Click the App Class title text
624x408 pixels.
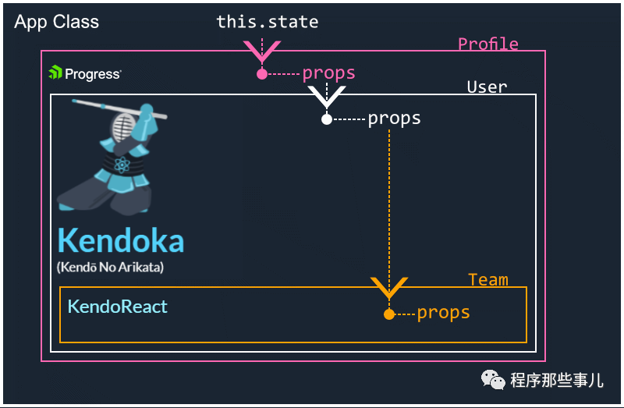pyautogui.click(x=56, y=22)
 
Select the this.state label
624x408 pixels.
pyautogui.click(x=268, y=22)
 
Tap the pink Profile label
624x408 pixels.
pyautogui.click(x=488, y=44)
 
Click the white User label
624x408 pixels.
pyautogui.click(x=487, y=87)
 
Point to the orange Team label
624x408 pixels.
pyautogui.click(x=488, y=280)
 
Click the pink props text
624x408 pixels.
pyautogui.click(x=328, y=73)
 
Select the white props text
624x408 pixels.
pyautogui.click(x=394, y=119)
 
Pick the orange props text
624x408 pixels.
pyautogui.click(x=443, y=314)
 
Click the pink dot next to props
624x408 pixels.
pyautogui.click(x=262, y=74)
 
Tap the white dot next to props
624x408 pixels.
pyautogui.click(x=327, y=119)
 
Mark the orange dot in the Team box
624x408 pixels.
pyautogui.click(x=389, y=314)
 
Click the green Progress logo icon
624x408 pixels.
pyautogui.click(x=55, y=73)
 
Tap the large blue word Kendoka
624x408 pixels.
pyautogui.click(x=121, y=241)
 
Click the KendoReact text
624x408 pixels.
pyautogui.click(x=118, y=307)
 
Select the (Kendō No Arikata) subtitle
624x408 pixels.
pyautogui.click(x=110, y=267)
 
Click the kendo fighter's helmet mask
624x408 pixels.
pyautogui.click(x=124, y=126)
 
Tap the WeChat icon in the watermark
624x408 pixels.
pyautogui.click(x=493, y=379)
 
